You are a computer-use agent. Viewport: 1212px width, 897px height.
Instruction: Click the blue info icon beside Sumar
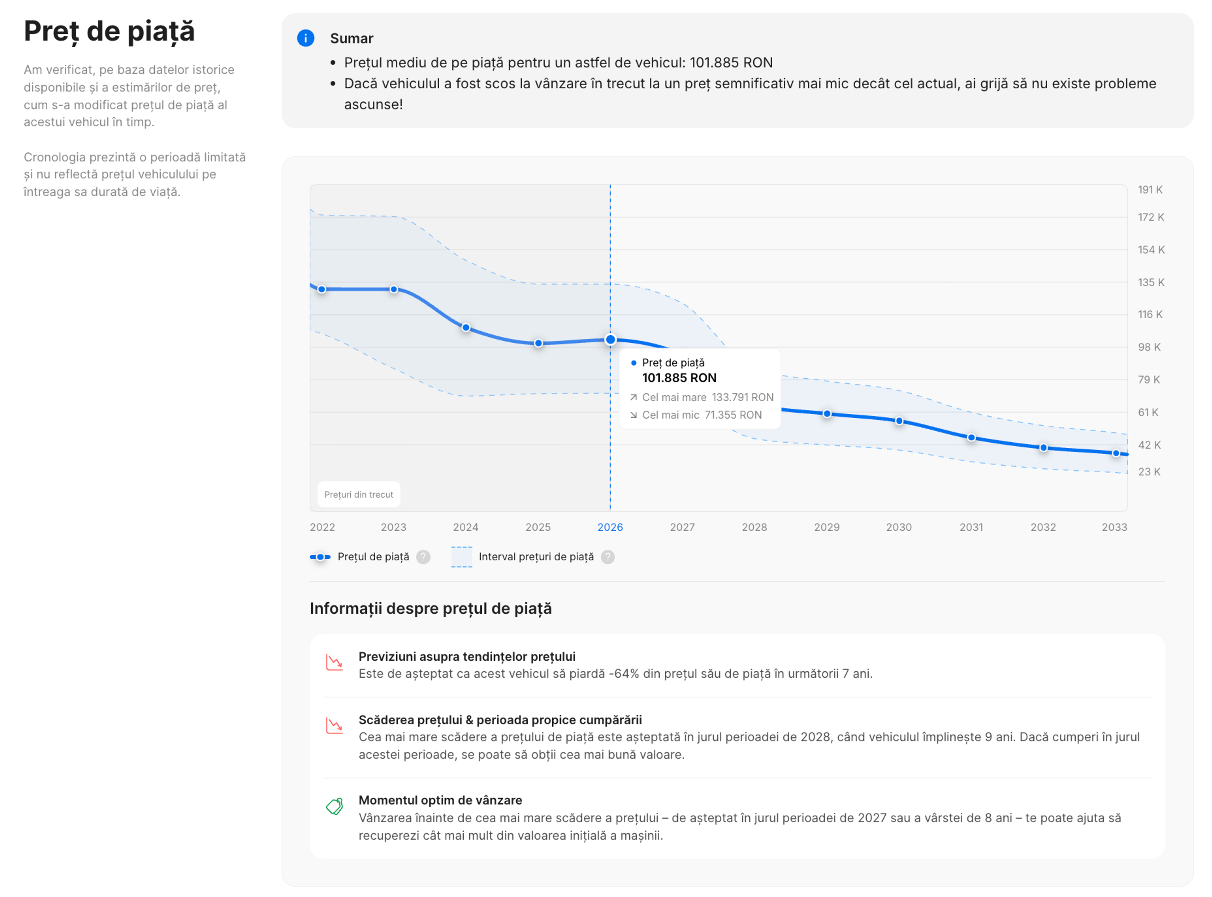click(x=306, y=38)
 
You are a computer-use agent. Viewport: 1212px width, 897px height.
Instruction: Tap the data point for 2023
click(x=394, y=289)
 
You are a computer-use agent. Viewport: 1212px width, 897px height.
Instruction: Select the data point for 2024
click(x=466, y=328)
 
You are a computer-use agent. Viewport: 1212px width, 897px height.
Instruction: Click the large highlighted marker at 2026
click(x=610, y=340)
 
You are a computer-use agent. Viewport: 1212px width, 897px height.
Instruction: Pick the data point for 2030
click(x=899, y=421)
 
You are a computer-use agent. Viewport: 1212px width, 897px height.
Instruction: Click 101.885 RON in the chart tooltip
click(x=679, y=378)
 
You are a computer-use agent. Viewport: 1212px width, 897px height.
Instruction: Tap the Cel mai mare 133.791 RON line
click(x=702, y=398)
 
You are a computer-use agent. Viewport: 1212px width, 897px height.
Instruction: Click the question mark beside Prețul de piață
click(x=423, y=557)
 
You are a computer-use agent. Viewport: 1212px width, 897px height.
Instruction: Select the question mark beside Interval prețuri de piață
click(x=608, y=557)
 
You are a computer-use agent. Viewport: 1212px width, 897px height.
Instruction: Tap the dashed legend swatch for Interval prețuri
click(x=461, y=557)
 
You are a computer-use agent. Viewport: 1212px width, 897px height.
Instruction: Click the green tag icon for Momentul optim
click(x=335, y=806)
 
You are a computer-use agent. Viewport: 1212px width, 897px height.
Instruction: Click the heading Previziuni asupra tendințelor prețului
click(x=466, y=657)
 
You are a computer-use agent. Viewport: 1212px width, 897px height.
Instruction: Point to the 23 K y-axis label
click(x=1149, y=472)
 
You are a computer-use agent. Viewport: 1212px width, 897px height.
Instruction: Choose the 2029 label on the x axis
click(x=826, y=527)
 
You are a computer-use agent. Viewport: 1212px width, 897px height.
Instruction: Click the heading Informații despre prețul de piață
click(x=431, y=609)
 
